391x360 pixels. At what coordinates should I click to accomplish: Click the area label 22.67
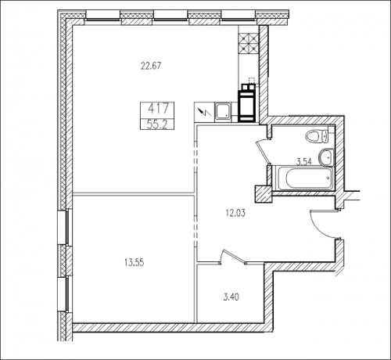(x=151, y=66)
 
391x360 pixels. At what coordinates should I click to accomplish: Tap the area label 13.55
(x=135, y=262)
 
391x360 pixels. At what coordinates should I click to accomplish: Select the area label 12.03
(x=235, y=213)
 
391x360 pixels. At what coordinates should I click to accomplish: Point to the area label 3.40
(x=231, y=297)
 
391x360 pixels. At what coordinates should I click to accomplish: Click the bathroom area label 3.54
(x=304, y=162)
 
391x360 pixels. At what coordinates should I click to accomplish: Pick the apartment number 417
(x=158, y=109)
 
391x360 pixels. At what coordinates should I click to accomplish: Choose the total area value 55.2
(x=157, y=124)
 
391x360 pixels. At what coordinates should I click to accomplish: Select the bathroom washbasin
(x=326, y=157)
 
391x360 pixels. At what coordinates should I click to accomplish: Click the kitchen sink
(x=222, y=112)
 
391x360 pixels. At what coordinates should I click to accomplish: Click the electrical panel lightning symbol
(x=204, y=112)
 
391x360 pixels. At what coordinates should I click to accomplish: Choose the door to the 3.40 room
(x=233, y=256)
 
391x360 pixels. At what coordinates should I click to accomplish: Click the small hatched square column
(x=264, y=194)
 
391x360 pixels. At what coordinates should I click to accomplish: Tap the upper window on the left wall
(x=63, y=228)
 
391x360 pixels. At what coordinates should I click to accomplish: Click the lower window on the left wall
(x=63, y=293)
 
